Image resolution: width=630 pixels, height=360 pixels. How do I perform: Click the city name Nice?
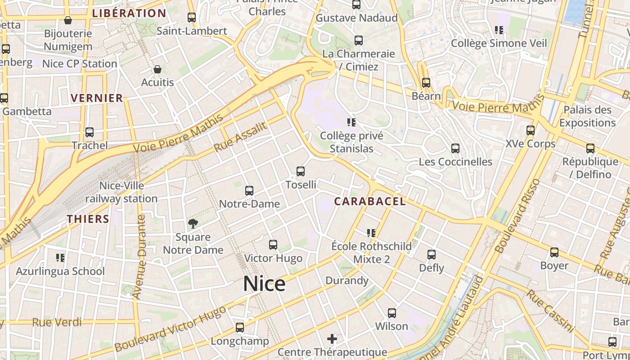[x=264, y=284]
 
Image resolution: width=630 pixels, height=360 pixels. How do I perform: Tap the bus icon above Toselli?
[x=301, y=171]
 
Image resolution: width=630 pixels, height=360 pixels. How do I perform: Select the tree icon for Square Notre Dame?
[x=193, y=224]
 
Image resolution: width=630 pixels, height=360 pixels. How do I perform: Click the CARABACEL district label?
[x=370, y=202]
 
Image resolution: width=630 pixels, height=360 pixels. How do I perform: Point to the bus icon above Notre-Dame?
[x=249, y=191]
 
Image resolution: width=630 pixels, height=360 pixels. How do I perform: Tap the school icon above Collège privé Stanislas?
[x=351, y=122]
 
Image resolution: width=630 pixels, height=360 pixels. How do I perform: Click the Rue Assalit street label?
[x=240, y=137]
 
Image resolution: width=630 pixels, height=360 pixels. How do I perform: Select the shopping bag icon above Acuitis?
[x=157, y=69]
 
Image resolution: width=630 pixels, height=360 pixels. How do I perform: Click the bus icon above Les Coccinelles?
[x=455, y=148]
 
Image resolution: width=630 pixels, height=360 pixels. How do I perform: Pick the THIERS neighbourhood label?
[x=88, y=219]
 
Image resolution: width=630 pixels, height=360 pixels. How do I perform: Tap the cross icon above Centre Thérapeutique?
[x=332, y=338]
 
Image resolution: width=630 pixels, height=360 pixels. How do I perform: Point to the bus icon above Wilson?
[x=392, y=313]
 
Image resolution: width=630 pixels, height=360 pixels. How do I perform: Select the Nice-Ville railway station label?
[x=121, y=192]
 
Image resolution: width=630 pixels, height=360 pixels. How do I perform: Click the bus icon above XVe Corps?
[x=531, y=131]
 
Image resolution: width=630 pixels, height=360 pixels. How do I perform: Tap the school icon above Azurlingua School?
[x=60, y=258]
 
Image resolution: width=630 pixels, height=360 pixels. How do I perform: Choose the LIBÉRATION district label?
[x=129, y=13]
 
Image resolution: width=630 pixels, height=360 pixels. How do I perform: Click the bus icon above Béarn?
[x=426, y=83]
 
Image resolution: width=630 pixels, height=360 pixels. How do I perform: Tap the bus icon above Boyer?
[x=554, y=252]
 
